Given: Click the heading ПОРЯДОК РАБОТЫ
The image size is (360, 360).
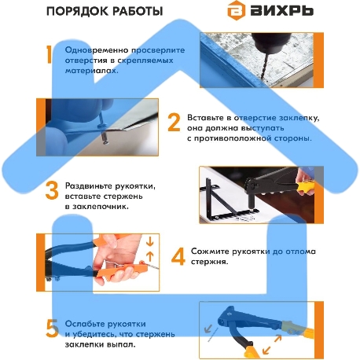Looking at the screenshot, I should tap(105, 12).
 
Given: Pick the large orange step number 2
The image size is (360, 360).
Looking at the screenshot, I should tap(174, 123).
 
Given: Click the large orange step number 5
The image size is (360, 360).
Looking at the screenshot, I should tap(52, 327).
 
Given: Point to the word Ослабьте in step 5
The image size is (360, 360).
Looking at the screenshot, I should tap(86, 321).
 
